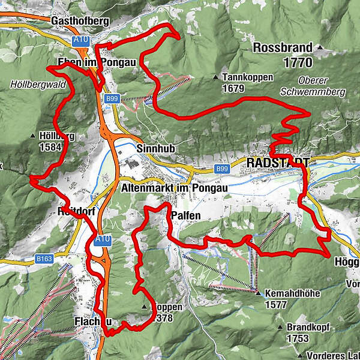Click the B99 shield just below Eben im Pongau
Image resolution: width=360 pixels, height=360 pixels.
tap(112, 98)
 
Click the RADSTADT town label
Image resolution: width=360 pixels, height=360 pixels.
tap(277, 163)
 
